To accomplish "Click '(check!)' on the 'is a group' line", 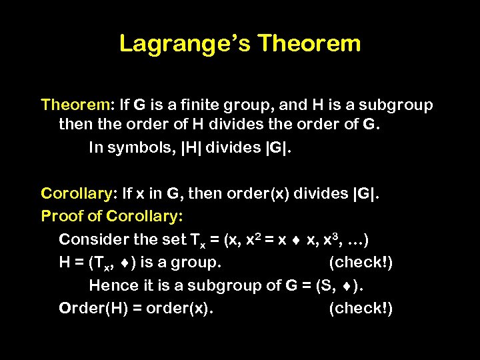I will click(361, 263).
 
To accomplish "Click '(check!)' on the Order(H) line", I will click(361, 309).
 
